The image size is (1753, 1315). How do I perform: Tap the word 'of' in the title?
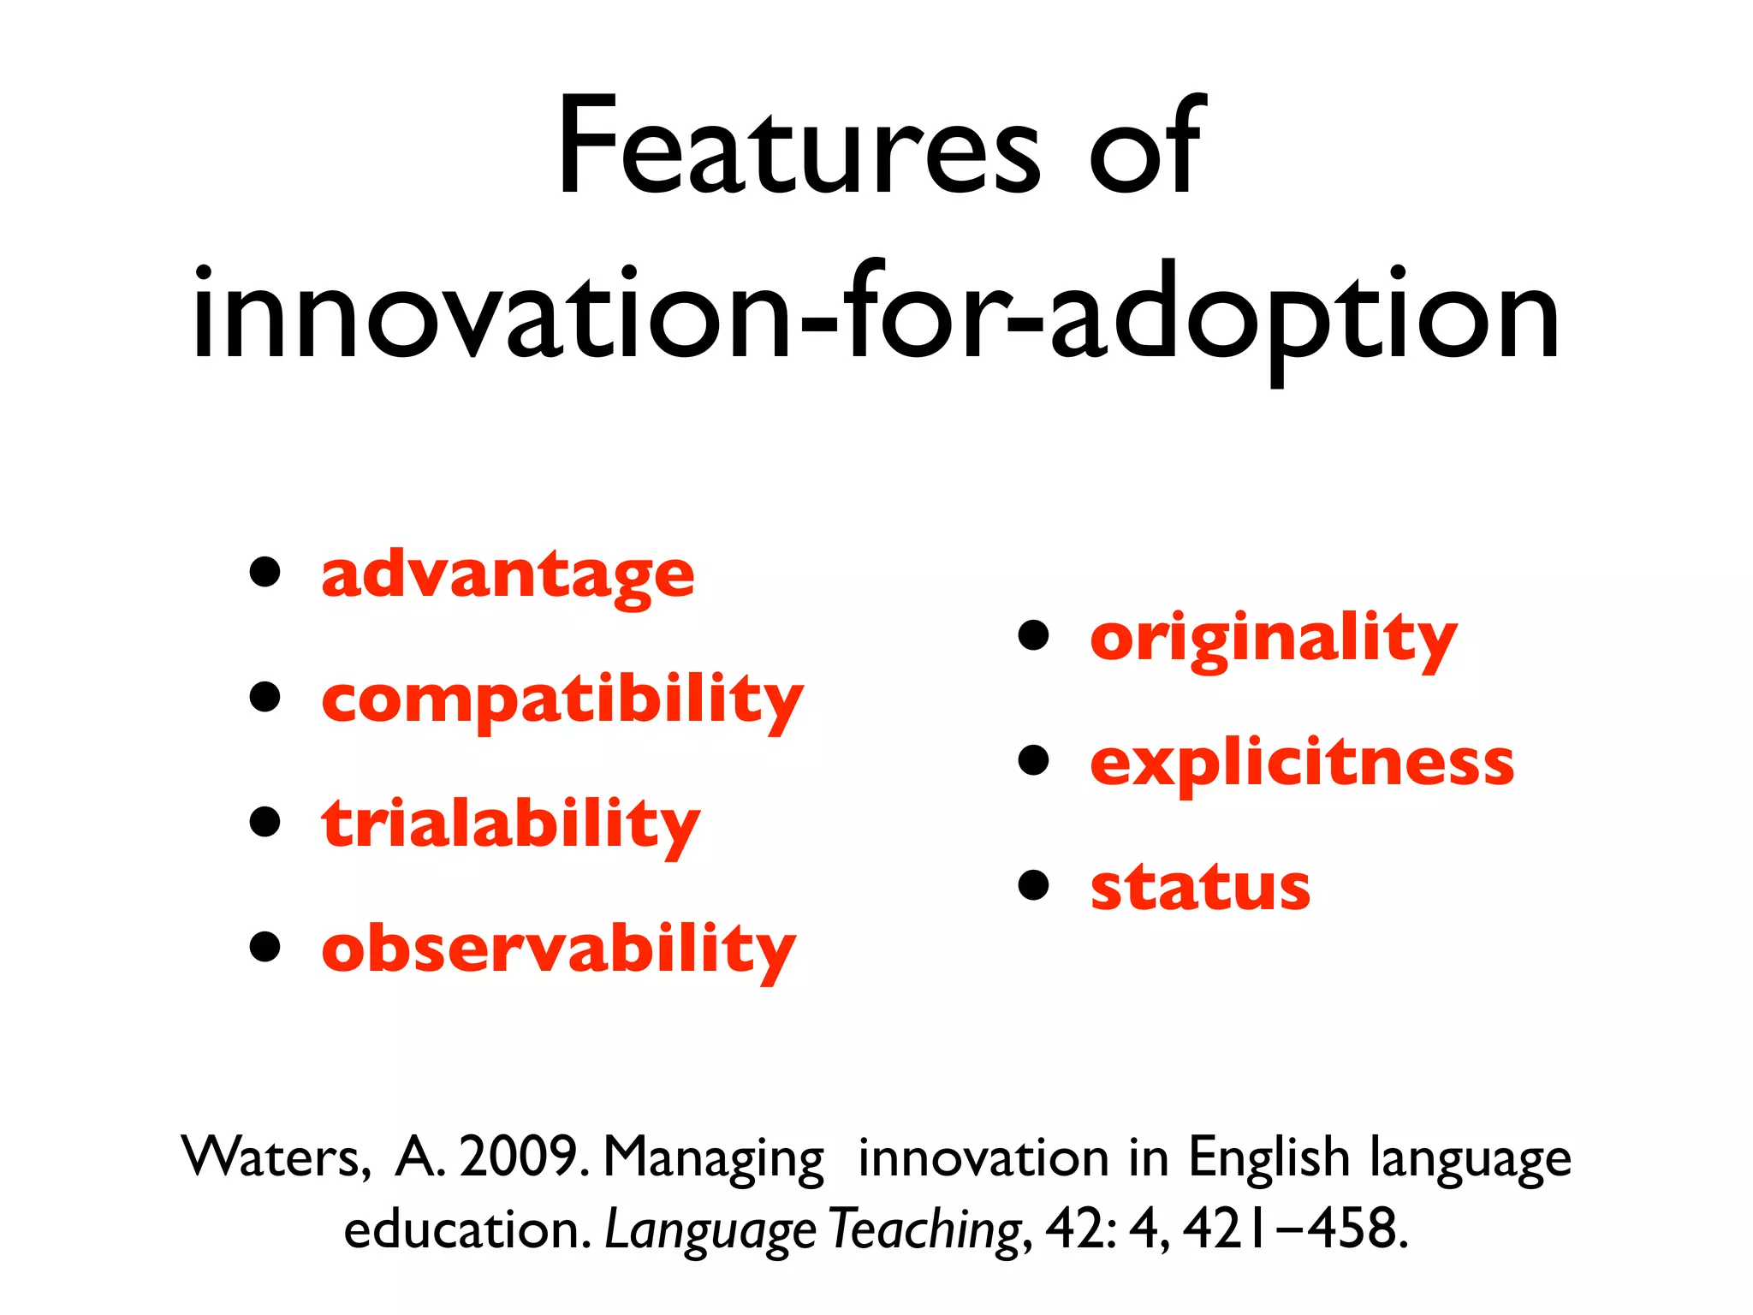pos(1147,147)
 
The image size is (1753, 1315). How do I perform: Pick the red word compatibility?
pos(562,699)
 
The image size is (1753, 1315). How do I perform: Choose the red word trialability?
pos(511,824)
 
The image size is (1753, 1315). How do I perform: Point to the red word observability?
pos(559,949)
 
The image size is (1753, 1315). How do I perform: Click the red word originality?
pos(1273,638)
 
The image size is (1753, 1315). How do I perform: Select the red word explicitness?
pos(1302,762)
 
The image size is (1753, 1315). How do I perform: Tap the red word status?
pos(1200,887)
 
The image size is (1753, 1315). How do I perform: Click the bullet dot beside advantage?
pos(265,572)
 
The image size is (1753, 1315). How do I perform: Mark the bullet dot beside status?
pos(1034,885)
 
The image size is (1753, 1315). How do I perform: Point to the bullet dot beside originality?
pos(1034,636)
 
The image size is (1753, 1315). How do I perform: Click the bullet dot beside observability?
pos(265,947)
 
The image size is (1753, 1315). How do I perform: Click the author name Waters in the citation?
pos(276,1157)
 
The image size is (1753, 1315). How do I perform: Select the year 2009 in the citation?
pos(520,1157)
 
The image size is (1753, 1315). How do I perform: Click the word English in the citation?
pos(1269,1157)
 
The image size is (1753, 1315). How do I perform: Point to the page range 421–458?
pos(1293,1229)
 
